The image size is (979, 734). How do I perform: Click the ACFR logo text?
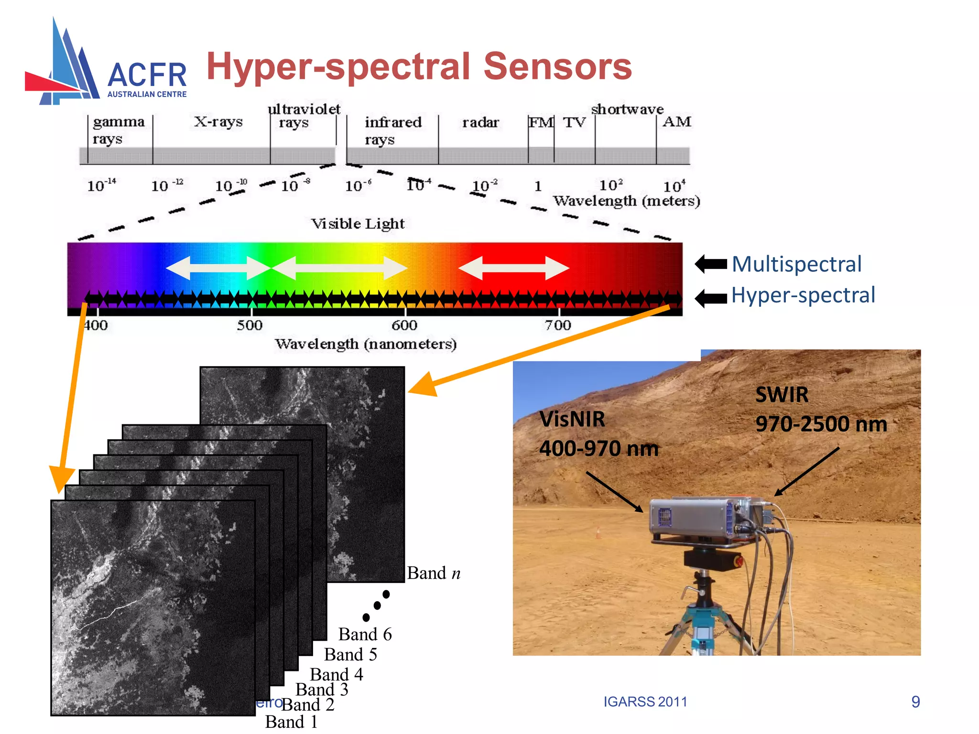[147, 76]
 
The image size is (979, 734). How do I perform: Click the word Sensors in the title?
[557, 66]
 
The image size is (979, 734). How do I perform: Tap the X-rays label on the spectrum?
[218, 122]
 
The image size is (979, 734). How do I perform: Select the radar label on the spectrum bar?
[480, 123]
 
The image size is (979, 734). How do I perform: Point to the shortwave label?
[627, 109]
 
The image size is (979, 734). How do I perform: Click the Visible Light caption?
[358, 224]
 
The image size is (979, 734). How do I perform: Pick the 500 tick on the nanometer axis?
[250, 325]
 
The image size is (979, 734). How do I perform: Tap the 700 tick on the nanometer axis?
[558, 325]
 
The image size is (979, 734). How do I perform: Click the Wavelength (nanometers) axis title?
[366, 344]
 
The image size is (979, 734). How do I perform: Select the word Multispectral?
[797, 264]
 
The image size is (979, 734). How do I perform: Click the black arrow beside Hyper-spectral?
[711, 299]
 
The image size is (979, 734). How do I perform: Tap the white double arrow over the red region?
[514, 268]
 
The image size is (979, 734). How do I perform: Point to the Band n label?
[434, 573]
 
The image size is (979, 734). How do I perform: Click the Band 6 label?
[365, 635]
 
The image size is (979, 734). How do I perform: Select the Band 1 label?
[291, 722]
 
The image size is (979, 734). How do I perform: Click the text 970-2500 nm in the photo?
[821, 424]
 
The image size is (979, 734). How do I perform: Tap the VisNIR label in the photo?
[572, 420]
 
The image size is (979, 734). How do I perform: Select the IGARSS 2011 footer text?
[645, 702]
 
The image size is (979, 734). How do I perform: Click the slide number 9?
[915, 702]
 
